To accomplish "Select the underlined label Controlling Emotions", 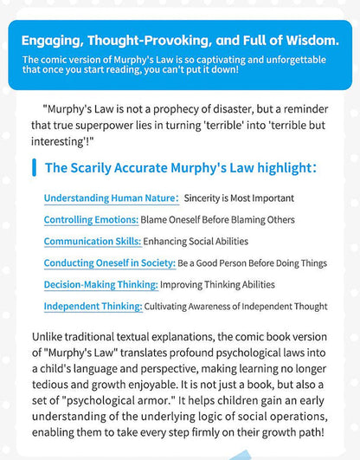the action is pyautogui.click(x=91, y=219).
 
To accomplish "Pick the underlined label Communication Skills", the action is pyautogui.click(x=92, y=241).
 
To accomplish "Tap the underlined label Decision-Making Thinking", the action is pyautogui.click(x=100, y=284).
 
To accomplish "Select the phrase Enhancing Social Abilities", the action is pyautogui.click(x=196, y=241).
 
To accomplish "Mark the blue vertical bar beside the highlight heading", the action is pyautogui.click(x=34, y=167).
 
